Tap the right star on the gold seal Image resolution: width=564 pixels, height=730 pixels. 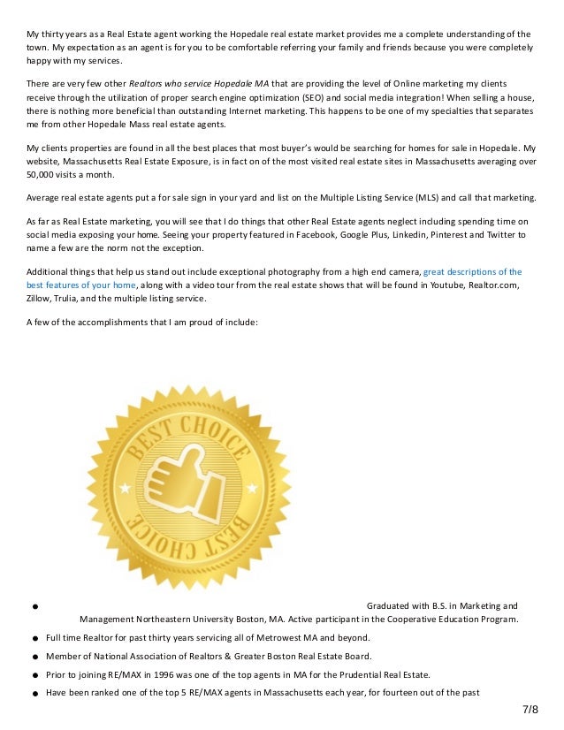[x=252, y=488]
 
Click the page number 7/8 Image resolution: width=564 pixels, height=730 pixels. [x=529, y=710]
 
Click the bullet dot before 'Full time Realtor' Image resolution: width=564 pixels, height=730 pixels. [x=32, y=638]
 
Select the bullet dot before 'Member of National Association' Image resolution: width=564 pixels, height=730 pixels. [x=32, y=656]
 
